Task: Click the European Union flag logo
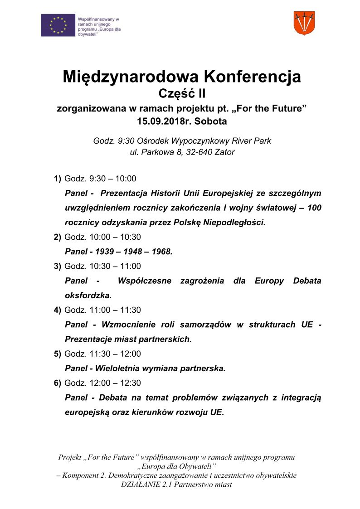(58, 25)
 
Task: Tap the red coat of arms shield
(304, 24)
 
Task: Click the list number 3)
(58, 266)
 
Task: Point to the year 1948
(133, 252)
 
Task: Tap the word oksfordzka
(88, 295)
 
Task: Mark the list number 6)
(58, 383)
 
